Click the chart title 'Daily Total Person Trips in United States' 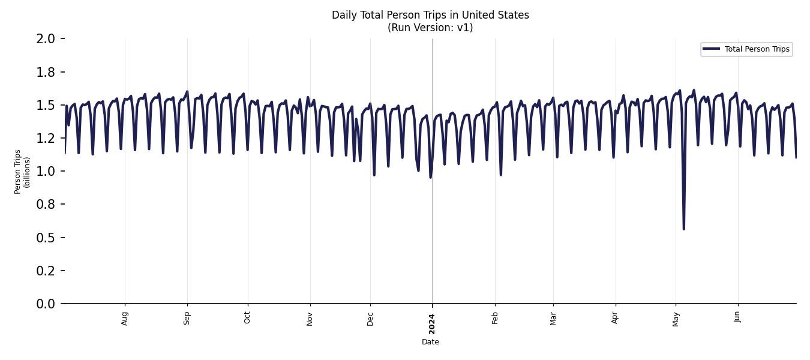pyautogui.click(x=430, y=15)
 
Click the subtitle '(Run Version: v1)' pyautogui.click(x=430, y=28)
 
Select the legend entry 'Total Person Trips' pyautogui.click(x=757, y=49)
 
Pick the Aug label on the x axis pyautogui.click(x=125, y=318)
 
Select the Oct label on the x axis pyautogui.click(x=247, y=318)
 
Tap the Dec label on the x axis pyautogui.click(x=370, y=318)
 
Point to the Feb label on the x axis pyautogui.click(x=495, y=318)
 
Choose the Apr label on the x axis pyautogui.click(x=615, y=318)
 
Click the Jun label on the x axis pyautogui.click(x=737, y=317)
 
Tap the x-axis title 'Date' pyautogui.click(x=430, y=342)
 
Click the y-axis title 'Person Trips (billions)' pyautogui.click(x=22, y=172)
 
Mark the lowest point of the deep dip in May pyautogui.click(x=683, y=229)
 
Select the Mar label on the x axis pyautogui.click(x=553, y=318)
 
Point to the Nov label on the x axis pyautogui.click(x=310, y=318)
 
